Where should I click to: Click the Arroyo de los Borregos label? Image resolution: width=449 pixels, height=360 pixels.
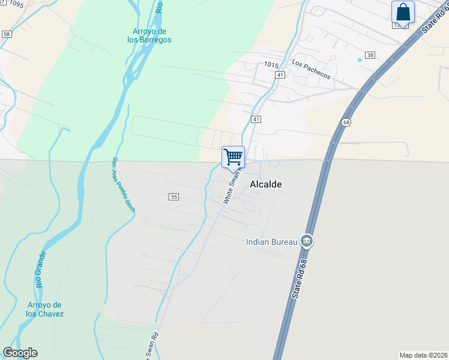click(149, 35)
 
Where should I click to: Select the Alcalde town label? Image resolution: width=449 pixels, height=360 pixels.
click(262, 185)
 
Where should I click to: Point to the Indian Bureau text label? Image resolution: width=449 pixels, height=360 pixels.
click(272, 242)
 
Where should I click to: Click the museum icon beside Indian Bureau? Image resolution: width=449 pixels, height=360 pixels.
click(307, 241)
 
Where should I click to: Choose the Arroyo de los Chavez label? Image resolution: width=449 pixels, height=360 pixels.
click(45, 310)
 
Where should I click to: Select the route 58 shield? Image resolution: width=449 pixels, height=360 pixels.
click(7, 35)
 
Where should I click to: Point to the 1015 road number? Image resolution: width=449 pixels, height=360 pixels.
click(272, 64)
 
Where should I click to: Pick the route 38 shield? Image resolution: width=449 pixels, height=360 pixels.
click(370, 55)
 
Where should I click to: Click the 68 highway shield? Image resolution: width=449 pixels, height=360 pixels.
click(346, 122)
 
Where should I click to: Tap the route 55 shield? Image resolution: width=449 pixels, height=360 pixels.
click(174, 197)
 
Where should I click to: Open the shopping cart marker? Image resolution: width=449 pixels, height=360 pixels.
click(233, 158)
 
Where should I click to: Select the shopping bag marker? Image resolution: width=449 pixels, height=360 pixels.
click(403, 12)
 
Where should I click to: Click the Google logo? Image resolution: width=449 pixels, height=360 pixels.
click(20, 353)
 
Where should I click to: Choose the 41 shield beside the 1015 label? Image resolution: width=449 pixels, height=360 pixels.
click(280, 74)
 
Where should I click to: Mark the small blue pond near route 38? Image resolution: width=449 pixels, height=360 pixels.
click(360, 59)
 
